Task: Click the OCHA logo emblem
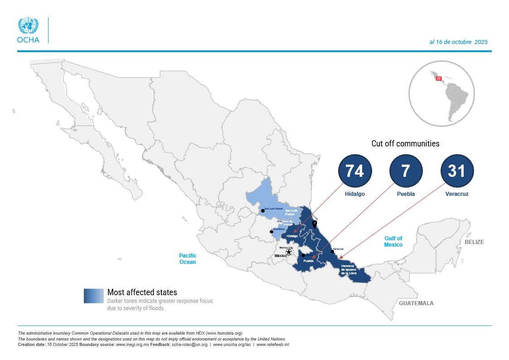(28, 26)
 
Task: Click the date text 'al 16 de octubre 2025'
(458, 42)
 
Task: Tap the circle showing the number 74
(355, 171)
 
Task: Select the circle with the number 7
(406, 171)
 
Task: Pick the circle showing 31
(457, 171)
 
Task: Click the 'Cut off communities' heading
(405, 144)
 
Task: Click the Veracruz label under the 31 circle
(456, 194)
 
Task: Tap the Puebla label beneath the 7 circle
(406, 194)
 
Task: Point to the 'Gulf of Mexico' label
(393, 242)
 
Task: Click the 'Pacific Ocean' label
(188, 259)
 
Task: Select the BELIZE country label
(474, 242)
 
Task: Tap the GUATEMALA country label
(416, 303)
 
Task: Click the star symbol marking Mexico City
(289, 252)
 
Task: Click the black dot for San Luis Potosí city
(262, 211)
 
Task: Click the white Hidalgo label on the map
(292, 236)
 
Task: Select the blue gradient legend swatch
(94, 296)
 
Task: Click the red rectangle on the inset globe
(438, 78)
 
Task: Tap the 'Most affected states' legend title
(142, 292)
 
